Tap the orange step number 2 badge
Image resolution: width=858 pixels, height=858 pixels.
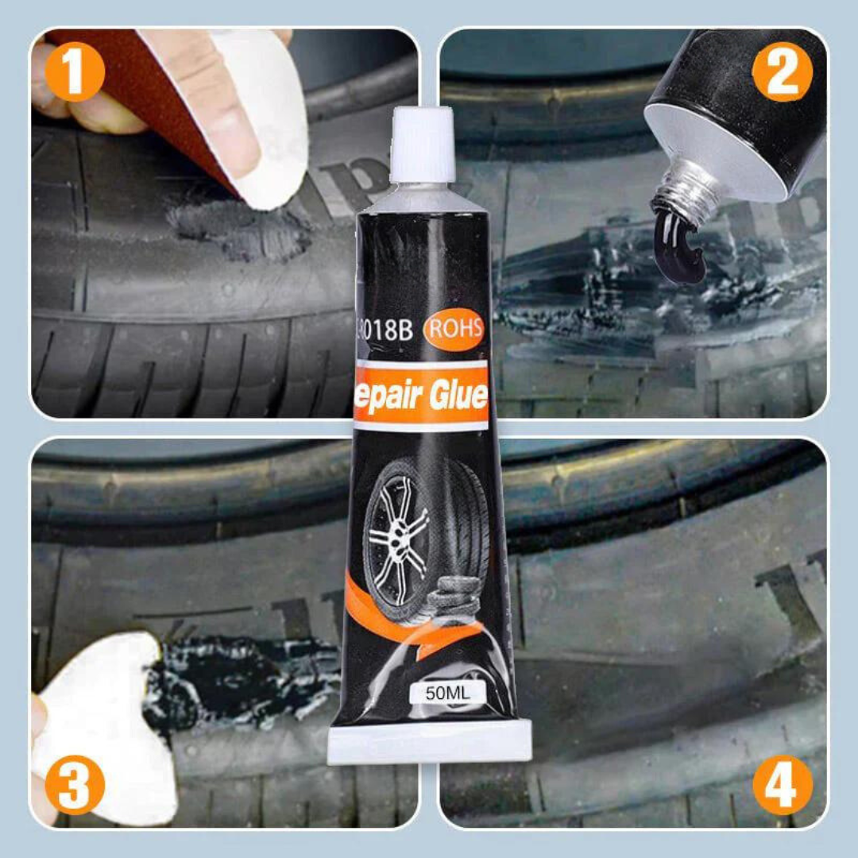tap(783, 73)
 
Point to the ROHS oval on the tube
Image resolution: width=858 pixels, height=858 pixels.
tap(454, 328)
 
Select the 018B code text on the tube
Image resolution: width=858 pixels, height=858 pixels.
tap(388, 330)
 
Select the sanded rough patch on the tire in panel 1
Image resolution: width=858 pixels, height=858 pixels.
tap(238, 230)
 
